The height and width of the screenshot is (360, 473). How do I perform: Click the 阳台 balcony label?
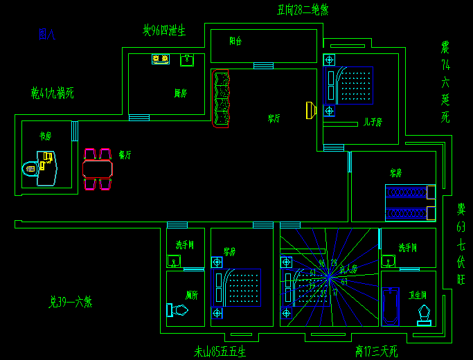click(x=235, y=42)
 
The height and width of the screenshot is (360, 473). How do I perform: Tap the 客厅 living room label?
click(x=274, y=118)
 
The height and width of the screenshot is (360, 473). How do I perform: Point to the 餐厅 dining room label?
click(x=125, y=155)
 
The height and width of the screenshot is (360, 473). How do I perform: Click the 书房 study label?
click(x=46, y=136)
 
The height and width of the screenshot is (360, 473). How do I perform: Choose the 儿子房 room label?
click(x=373, y=122)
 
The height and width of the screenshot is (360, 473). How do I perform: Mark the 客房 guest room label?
click(x=396, y=172)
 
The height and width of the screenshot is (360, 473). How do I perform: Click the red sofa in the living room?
click(x=221, y=99)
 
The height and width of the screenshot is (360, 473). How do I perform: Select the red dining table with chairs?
click(x=98, y=169)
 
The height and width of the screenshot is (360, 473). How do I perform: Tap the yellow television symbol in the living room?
click(x=311, y=109)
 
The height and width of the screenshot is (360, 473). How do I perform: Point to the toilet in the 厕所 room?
click(x=177, y=310)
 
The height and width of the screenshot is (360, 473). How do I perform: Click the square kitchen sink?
click(x=186, y=60)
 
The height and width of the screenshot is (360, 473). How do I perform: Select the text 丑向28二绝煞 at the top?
click(x=303, y=10)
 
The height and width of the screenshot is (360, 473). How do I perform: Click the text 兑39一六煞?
click(x=70, y=302)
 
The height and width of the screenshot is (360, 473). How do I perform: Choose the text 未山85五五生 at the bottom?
click(x=220, y=352)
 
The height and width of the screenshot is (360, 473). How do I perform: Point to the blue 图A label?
click(x=47, y=33)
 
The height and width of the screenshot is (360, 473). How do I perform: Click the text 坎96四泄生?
click(x=164, y=30)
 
